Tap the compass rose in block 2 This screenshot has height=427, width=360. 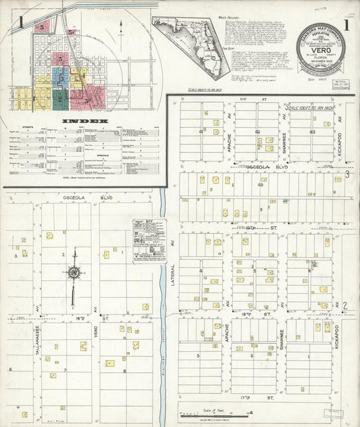tap(74, 273)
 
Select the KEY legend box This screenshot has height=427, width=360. tap(149, 240)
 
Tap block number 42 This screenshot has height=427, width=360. tap(257, 131)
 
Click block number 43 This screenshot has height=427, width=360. tap(311, 132)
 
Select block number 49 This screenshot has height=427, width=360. tap(260, 184)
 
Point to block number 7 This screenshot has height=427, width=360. tap(65, 370)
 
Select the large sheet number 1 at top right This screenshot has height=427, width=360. tap(346, 26)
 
